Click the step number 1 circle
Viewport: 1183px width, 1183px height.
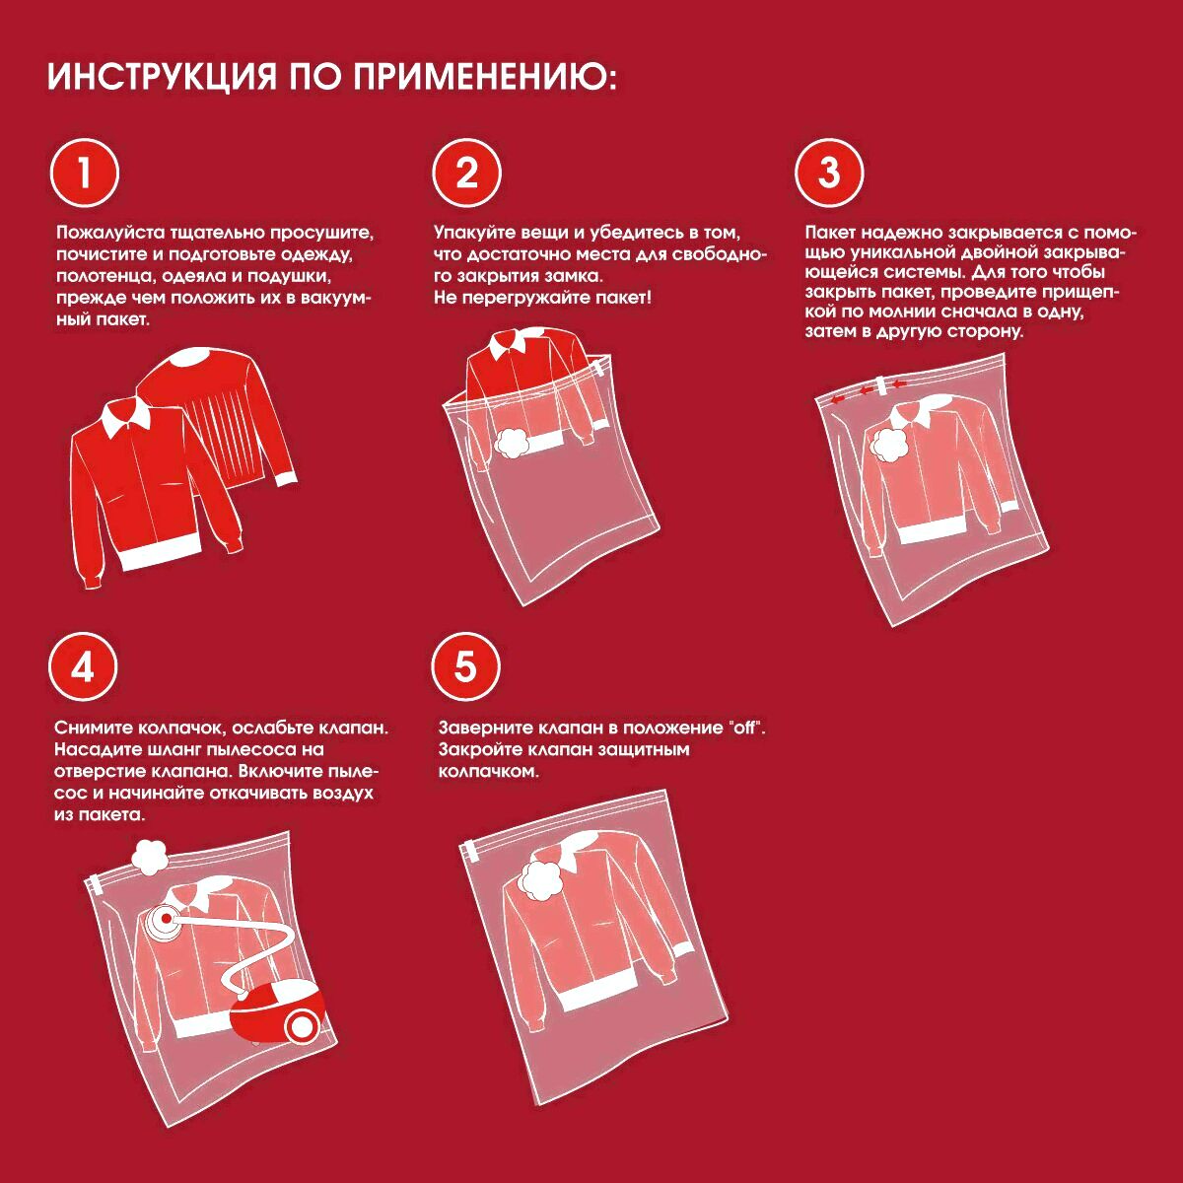84,174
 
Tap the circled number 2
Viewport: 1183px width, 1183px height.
466,174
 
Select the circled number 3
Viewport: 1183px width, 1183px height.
829,174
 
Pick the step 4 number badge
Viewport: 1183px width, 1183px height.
83,666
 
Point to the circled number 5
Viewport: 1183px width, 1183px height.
465,666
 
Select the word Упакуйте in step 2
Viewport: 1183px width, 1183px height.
474,233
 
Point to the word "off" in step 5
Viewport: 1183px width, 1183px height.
746,728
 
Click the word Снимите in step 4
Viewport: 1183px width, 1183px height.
92,729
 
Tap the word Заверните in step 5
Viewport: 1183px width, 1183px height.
485,729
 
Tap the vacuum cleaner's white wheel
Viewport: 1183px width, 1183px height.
301,1026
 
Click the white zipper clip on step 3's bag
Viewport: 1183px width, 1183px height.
882,385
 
